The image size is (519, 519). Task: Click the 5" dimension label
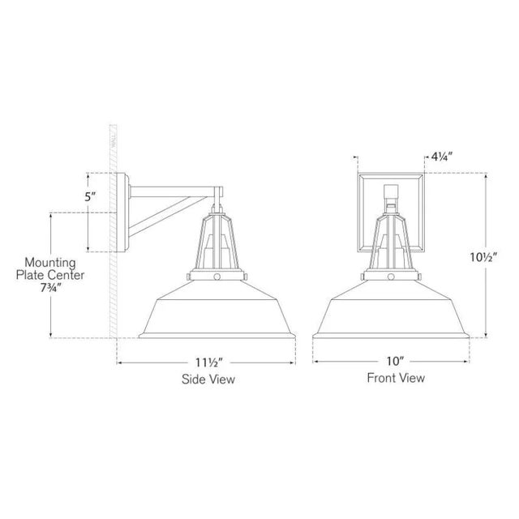(x=90, y=196)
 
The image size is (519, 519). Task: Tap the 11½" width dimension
(x=208, y=362)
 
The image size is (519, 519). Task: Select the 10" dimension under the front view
(x=396, y=362)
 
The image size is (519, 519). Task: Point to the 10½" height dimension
(x=484, y=257)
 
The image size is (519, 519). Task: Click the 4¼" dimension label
(x=441, y=157)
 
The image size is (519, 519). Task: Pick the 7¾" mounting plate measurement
(x=50, y=288)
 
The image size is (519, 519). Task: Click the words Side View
(x=208, y=380)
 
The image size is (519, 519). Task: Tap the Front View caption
(x=396, y=378)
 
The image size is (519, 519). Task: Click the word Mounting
(x=50, y=263)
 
